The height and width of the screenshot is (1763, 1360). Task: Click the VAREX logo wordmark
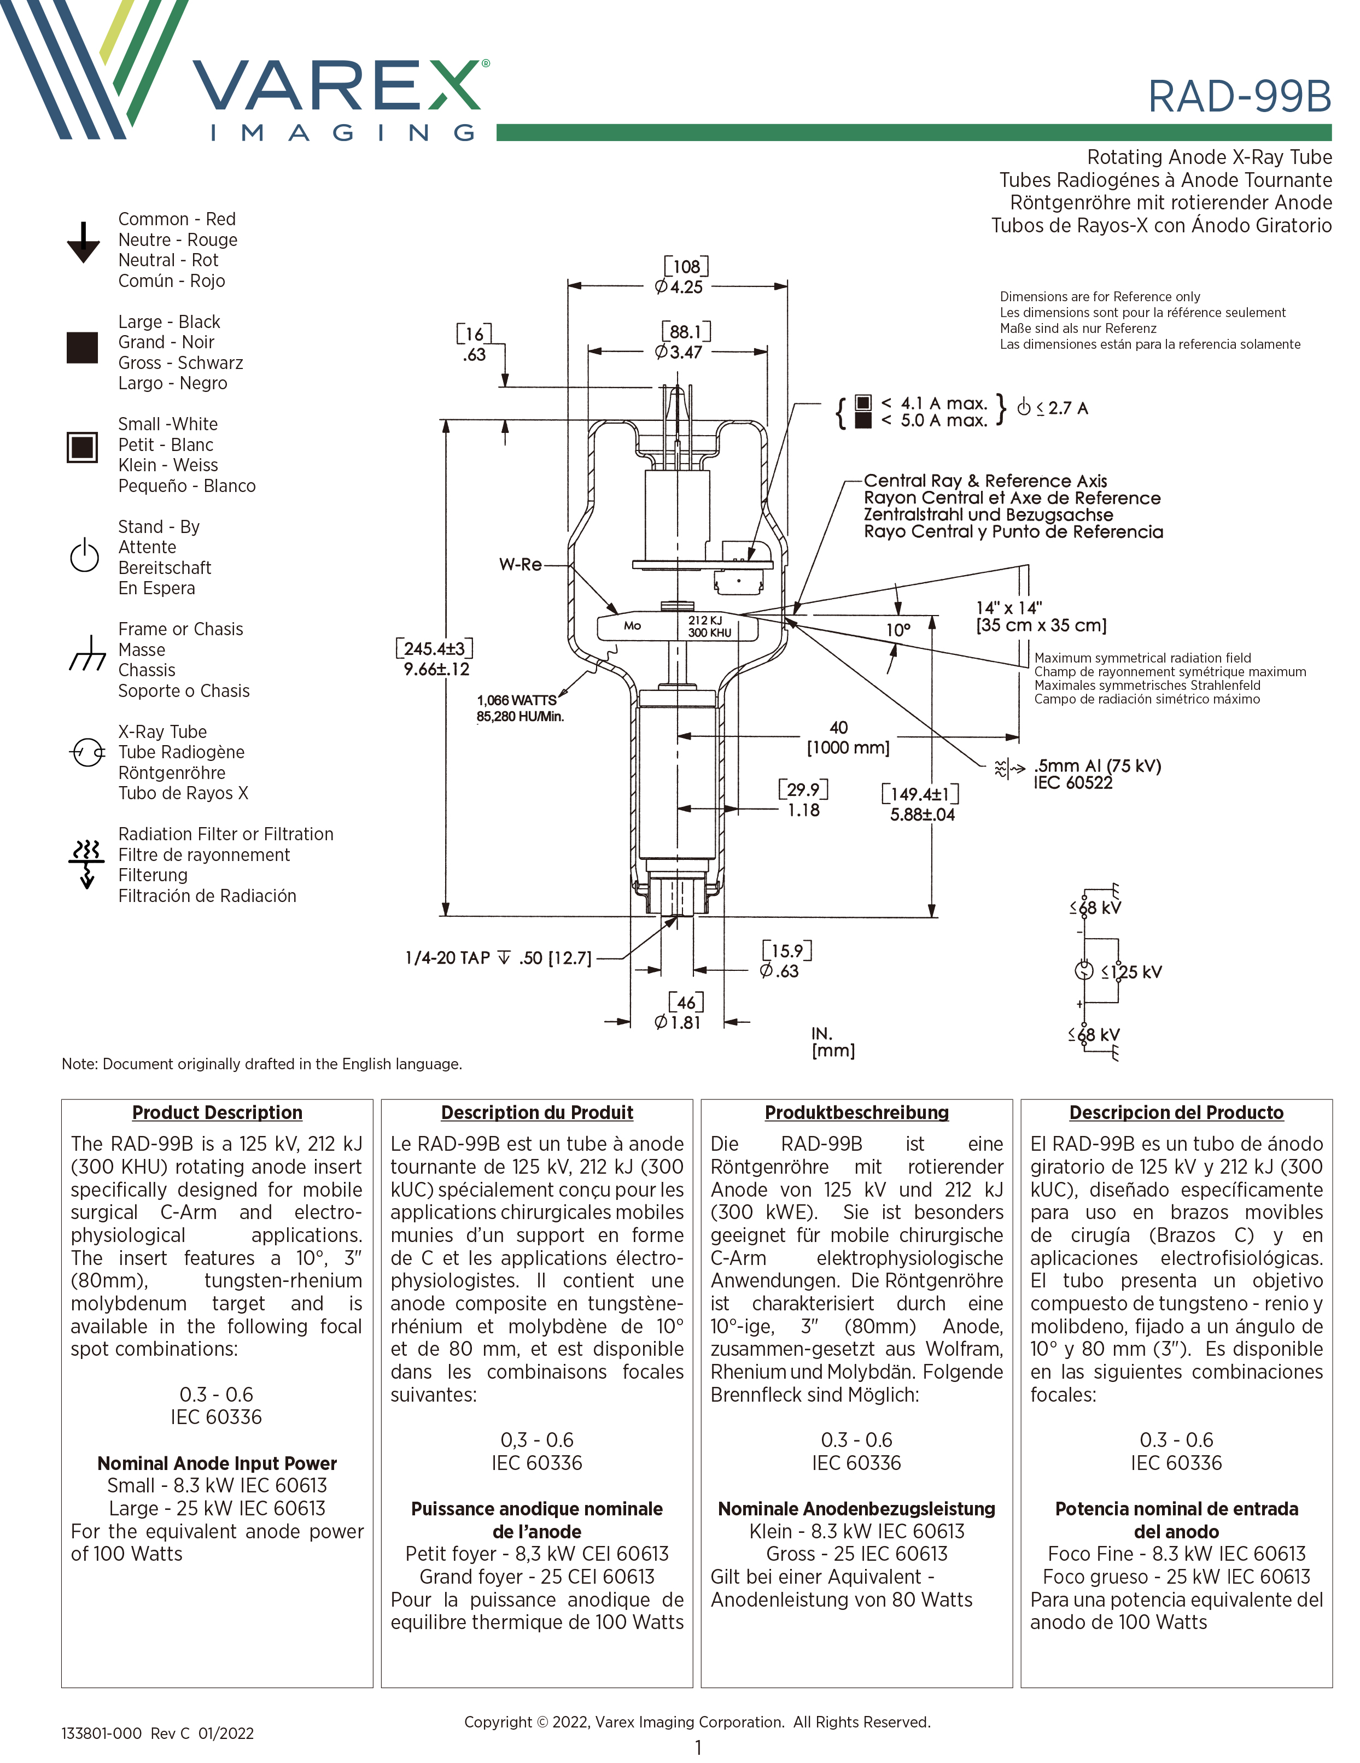tap(337, 86)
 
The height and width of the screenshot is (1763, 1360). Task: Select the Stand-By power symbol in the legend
tap(84, 555)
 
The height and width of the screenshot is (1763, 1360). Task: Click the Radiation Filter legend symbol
tap(86, 862)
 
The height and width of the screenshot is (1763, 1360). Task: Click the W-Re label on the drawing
tap(520, 564)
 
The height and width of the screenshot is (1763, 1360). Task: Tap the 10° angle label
tap(898, 630)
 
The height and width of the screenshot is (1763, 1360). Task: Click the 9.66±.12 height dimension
tap(436, 669)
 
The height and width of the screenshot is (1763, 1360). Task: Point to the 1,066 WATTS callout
tap(517, 700)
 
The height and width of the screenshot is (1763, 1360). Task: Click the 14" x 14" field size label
tap(1009, 607)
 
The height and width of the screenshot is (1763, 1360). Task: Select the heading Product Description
tap(217, 1112)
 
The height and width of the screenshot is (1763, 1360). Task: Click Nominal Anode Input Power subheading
tap(217, 1463)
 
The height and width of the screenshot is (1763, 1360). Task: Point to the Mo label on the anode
tap(632, 625)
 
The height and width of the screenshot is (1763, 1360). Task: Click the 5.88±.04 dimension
tap(923, 815)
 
